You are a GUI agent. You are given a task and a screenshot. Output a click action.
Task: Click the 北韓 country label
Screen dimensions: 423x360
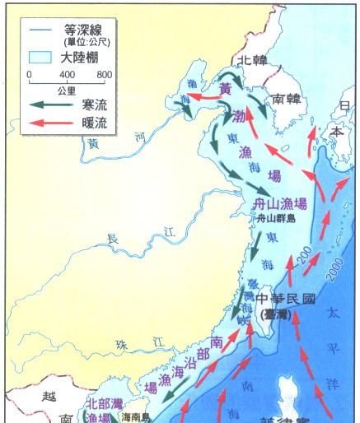[252, 61]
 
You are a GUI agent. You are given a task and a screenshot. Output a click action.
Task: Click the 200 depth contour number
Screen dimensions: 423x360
[304, 257]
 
